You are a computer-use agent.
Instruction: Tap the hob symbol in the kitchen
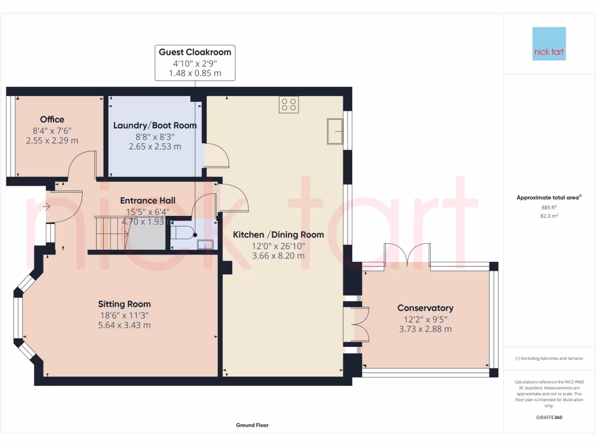point(289,104)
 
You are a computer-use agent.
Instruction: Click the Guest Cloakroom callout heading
point(195,52)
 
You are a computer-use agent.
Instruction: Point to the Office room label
point(52,119)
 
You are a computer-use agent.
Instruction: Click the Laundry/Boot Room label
point(155,125)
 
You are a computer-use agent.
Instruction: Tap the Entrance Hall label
point(148,200)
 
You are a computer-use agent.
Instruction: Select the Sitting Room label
point(124,304)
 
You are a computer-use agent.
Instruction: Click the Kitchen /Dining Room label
point(278,235)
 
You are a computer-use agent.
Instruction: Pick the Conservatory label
point(425,308)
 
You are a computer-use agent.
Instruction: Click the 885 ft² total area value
point(549,207)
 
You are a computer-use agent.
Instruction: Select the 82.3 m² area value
point(549,216)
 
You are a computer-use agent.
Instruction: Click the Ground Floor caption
point(252,425)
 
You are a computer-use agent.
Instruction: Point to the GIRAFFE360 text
point(549,417)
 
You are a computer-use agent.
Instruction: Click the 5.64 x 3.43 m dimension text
point(125,325)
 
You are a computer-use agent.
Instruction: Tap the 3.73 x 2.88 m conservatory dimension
point(425,329)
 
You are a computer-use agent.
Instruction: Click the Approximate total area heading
point(548,198)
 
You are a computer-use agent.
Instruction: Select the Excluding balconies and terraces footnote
point(549,359)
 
